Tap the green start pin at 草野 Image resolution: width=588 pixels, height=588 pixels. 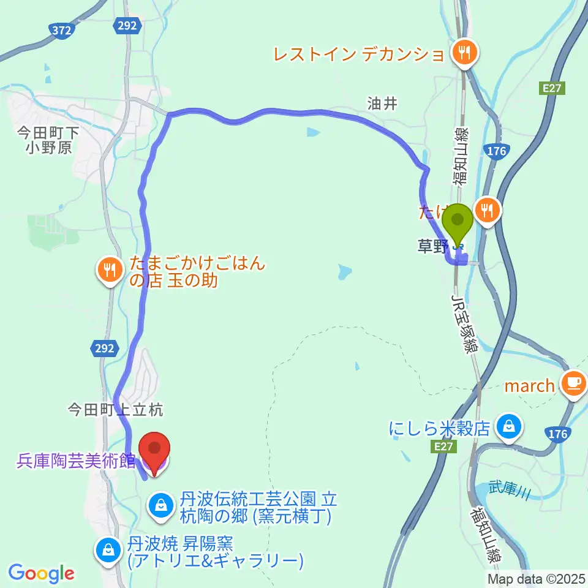click(458, 224)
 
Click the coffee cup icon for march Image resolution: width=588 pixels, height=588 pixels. click(574, 383)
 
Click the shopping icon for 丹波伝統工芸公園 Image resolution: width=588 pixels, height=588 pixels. click(160, 505)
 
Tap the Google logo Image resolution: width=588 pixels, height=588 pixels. click(41, 573)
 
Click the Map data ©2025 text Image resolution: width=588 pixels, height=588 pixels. click(536, 578)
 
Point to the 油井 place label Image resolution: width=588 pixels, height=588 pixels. click(382, 104)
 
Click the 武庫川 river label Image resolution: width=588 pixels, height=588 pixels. click(508, 490)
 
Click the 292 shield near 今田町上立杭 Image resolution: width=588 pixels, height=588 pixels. click(105, 349)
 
